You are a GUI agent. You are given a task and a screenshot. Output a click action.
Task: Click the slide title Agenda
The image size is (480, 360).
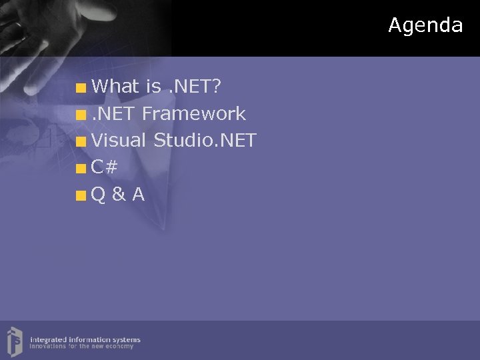pos(425,25)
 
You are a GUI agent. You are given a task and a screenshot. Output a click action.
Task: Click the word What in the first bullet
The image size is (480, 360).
pos(115,86)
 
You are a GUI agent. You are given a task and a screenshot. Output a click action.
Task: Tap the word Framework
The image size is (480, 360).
pos(194,114)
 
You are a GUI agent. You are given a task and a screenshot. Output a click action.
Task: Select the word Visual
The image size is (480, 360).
pos(119,141)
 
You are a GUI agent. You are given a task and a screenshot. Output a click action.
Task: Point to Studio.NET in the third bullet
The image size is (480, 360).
pos(205,141)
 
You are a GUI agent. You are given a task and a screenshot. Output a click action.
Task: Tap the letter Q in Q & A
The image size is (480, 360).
pos(98,195)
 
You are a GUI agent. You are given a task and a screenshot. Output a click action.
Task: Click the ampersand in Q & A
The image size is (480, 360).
pos(118,195)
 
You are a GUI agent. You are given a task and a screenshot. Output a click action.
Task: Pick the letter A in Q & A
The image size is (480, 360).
pos(138,195)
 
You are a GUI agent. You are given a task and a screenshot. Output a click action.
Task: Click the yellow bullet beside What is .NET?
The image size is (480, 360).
pos(81,87)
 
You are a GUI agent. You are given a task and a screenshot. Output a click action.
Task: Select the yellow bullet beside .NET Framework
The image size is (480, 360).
pos(81,115)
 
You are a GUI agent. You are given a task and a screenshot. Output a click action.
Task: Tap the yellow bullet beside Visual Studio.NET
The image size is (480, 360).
pos(81,141)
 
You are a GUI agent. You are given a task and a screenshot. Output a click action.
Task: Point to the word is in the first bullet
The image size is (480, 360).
pos(153,86)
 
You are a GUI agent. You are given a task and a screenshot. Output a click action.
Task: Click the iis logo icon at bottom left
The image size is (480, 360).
pos(15,340)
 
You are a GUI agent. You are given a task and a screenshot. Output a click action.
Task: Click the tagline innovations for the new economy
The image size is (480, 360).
pos(81,347)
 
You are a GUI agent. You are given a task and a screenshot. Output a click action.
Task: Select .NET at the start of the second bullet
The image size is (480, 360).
pos(115,114)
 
